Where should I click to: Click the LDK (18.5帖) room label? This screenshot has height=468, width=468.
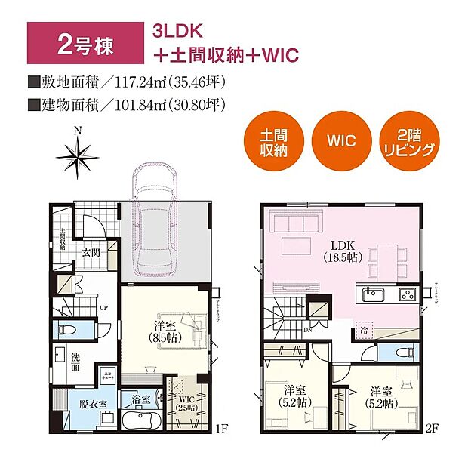pyautogui.click(x=346, y=251)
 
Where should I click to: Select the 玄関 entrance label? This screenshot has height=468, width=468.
pyautogui.click(x=91, y=252)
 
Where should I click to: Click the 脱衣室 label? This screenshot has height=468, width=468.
pyautogui.click(x=82, y=403)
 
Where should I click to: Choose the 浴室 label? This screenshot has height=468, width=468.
pyautogui.click(x=140, y=399)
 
